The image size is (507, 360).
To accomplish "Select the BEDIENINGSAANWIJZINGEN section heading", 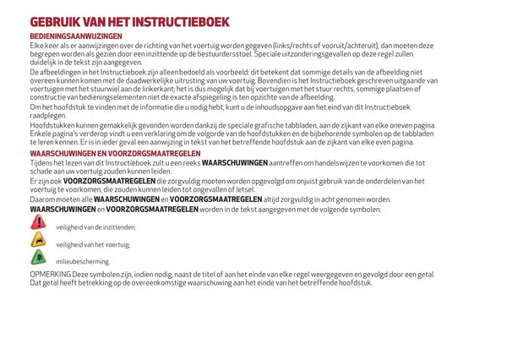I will [x=76, y=36].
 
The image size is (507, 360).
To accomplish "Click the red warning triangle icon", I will [x=38, y=221].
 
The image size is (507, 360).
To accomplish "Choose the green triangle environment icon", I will [x=38, y=258].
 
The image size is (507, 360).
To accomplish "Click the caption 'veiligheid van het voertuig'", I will [x=93, y=245].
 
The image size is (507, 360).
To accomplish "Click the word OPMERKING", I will [x=50, y=275].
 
